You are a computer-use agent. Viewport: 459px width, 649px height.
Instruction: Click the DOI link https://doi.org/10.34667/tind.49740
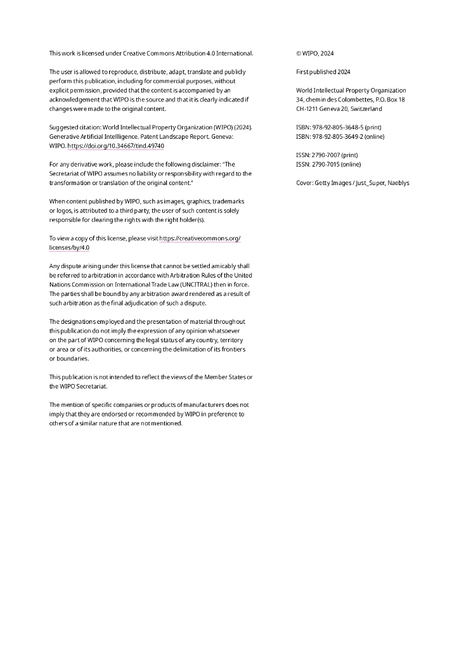pyautogui.click(x=116, y=146)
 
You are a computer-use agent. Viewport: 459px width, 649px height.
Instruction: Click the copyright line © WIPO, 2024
pyautogui.click(x=315, y=53)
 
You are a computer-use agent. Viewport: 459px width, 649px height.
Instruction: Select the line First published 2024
pyautogui.click(x=323, y=72)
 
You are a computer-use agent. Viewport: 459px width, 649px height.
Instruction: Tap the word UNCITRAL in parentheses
pyautogui.click(x=181, y=285)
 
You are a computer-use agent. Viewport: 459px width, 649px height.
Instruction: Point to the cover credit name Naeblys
pyautogui.click(x=398, y=183)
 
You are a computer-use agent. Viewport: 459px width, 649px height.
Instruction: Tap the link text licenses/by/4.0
pyautogui.click(x=70, y=248)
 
